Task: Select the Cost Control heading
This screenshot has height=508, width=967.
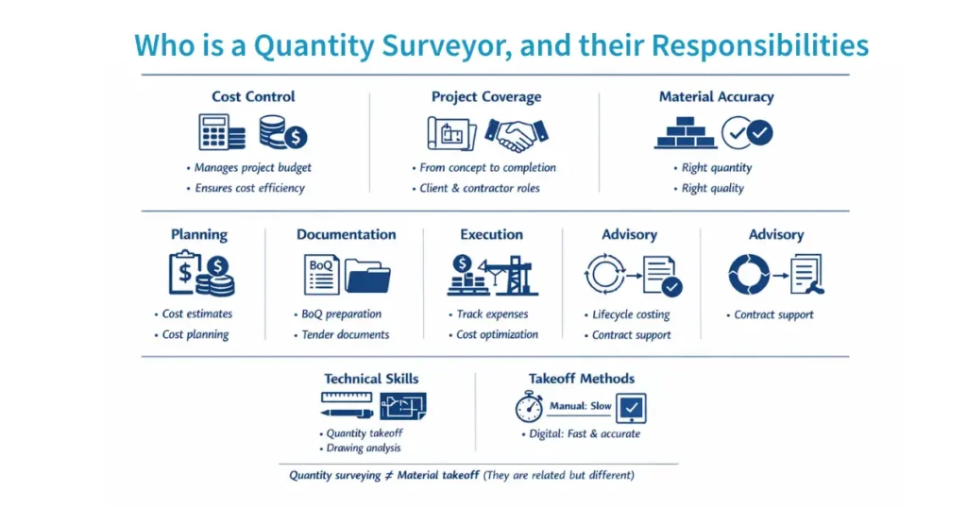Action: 253,96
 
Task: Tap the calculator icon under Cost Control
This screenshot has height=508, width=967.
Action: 221,132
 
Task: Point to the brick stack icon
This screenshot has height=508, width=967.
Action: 685,133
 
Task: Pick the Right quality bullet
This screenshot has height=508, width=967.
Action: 713,188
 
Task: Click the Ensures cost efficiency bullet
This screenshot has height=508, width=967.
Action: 249,188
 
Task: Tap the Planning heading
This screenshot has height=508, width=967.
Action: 198,234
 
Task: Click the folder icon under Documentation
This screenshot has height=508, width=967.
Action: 367,276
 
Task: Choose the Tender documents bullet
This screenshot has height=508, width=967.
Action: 345,334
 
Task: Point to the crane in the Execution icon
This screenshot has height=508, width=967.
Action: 516,275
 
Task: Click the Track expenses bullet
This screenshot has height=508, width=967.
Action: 492,313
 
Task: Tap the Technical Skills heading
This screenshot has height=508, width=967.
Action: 371,379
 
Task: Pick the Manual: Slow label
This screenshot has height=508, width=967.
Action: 580,406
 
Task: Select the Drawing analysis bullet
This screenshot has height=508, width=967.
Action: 364,448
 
